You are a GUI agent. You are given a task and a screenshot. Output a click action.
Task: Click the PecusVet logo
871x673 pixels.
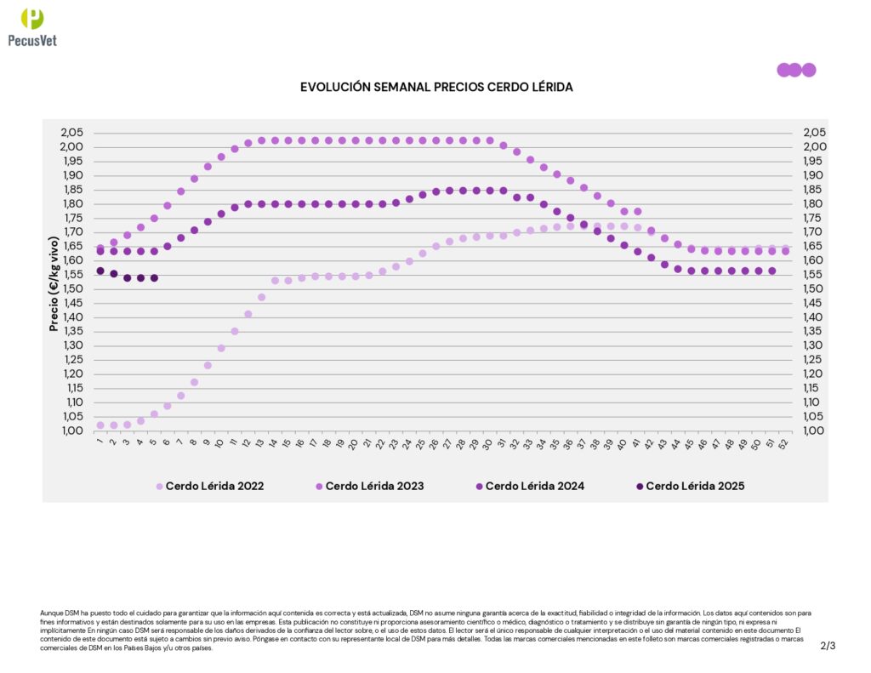click(32, 26)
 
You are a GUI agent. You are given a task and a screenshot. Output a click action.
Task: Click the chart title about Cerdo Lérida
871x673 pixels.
click(436, 88)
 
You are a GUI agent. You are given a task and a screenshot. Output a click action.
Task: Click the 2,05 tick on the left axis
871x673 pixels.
click(71, 133)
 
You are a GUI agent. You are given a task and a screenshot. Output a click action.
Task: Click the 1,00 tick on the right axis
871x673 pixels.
click(814, 431)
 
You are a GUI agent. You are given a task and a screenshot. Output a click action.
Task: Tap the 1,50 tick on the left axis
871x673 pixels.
click(71, 288)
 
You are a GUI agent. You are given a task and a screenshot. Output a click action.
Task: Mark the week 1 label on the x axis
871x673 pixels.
click(100, 442)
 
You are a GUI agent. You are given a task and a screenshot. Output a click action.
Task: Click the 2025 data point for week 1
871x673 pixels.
click(100, 271)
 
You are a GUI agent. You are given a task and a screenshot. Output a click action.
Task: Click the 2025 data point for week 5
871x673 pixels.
click(154, 278)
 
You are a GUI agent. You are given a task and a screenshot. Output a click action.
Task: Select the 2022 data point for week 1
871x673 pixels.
click(100, 425)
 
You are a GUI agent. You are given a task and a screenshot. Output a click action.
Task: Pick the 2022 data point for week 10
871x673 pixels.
click(221, 348)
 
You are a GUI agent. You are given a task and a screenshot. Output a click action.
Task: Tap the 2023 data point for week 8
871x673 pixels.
click(194, 179)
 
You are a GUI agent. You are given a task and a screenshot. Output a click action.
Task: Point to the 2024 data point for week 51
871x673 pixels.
click(771, 271)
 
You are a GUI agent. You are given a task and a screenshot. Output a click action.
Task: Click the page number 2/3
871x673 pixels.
click(828, 646)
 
